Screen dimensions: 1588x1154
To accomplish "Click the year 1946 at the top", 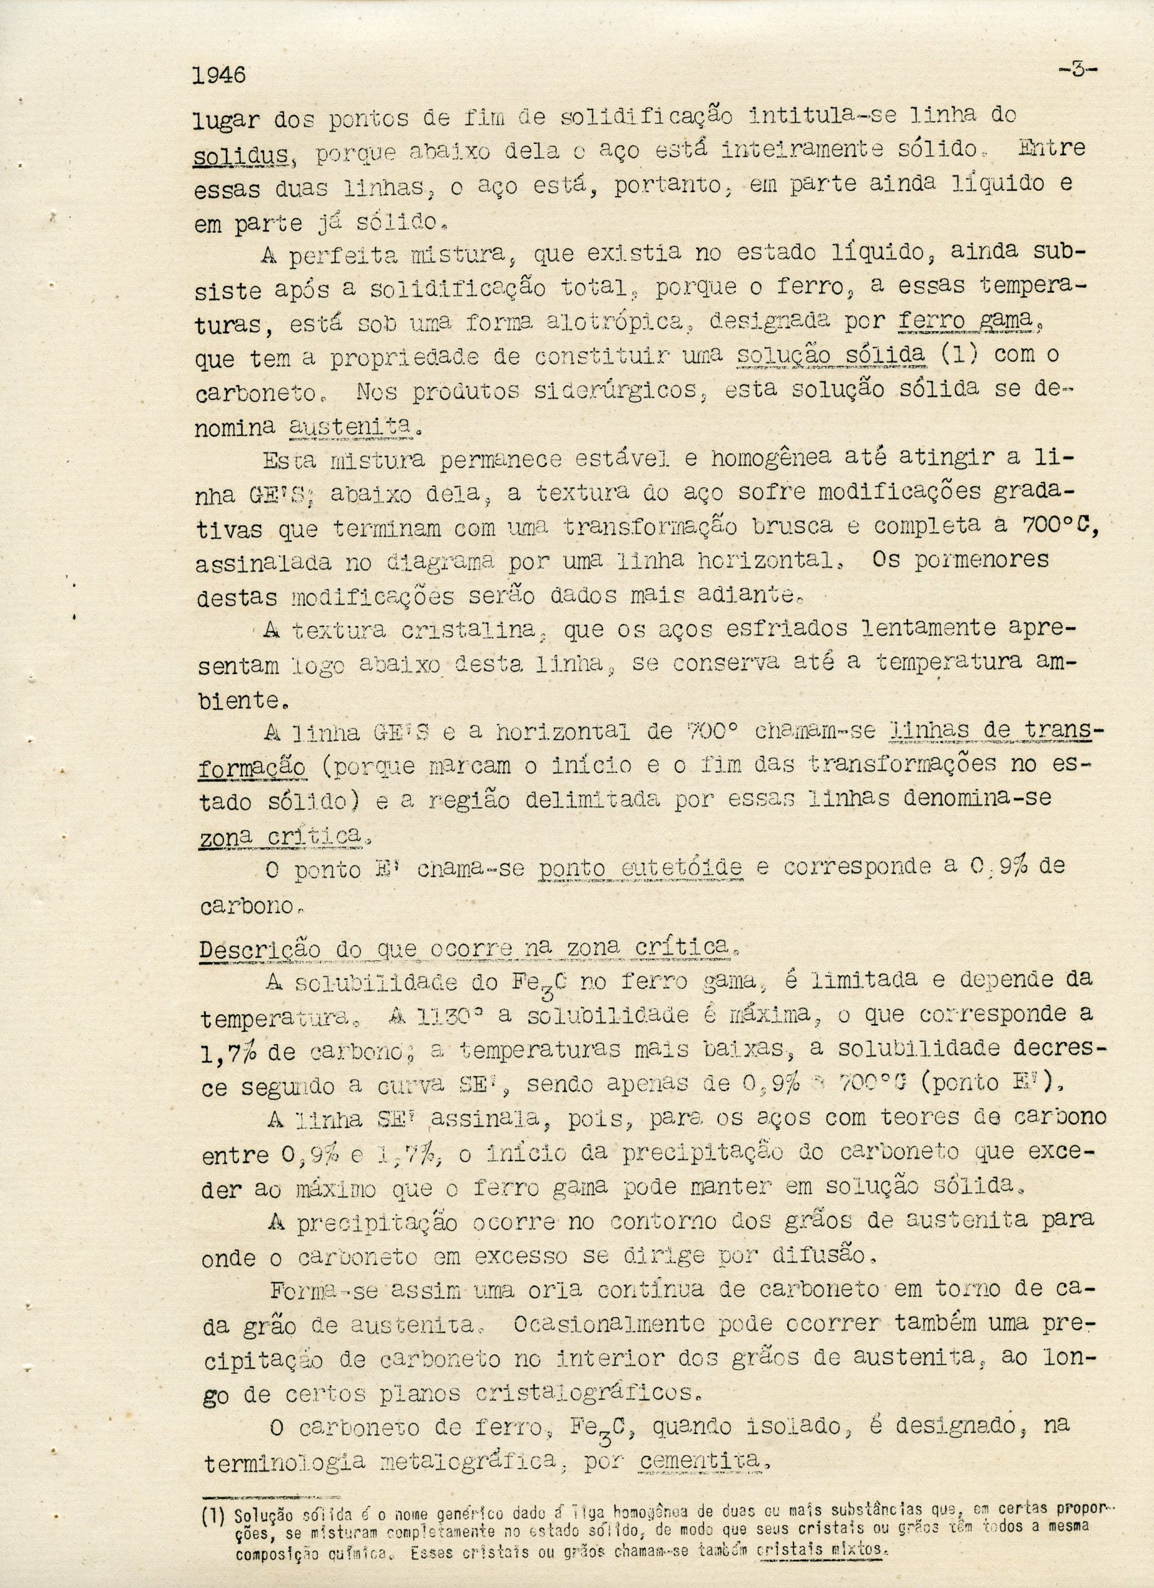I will [219, 74].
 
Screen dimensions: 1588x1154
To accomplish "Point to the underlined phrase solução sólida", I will [832, 354].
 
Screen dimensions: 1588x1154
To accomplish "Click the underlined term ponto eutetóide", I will [642, 868].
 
